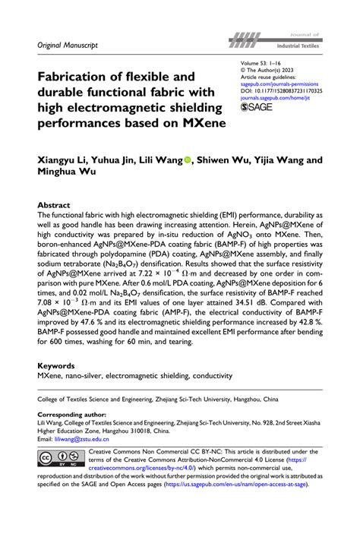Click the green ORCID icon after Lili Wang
(x=188, y=159)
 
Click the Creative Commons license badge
(x=59, y=460)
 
